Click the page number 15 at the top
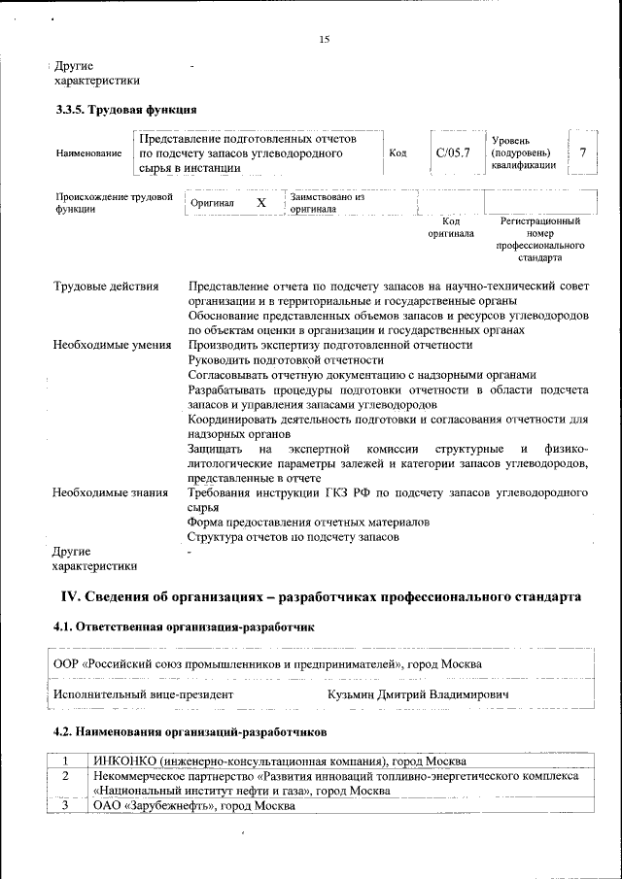tap(325, 39)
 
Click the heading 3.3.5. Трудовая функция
tap(126, 109)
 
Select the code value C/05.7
tap(453, 152)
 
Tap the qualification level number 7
tap(582, 152)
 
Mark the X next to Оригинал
tap(260, 202)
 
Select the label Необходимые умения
tap(112, 345)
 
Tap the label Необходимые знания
tap(110, 492)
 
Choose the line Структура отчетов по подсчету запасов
tap(294, 536)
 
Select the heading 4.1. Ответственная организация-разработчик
tap(185, 628)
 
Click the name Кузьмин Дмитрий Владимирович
tap(418, 695)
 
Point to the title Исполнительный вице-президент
tap(144, 695)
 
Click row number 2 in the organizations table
tap(65, 776)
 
